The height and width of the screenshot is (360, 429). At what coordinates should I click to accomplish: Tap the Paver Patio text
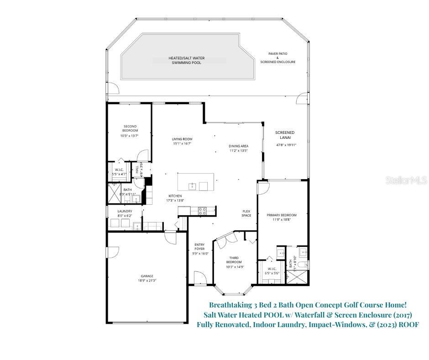[x=277, y=53]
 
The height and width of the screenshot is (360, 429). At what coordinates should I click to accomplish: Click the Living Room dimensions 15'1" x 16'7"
[x=182, y=143]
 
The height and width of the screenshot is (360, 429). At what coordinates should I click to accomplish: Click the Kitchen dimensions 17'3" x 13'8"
[x=175, y=200]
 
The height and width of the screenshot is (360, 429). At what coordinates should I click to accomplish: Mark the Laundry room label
[x=125, y=211]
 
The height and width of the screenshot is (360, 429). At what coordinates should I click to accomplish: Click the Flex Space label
[x=246, y=213]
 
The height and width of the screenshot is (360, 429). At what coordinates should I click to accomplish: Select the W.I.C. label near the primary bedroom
[x=271, y=269]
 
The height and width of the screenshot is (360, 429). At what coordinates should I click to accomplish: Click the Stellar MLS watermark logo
[x=408, y=180]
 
